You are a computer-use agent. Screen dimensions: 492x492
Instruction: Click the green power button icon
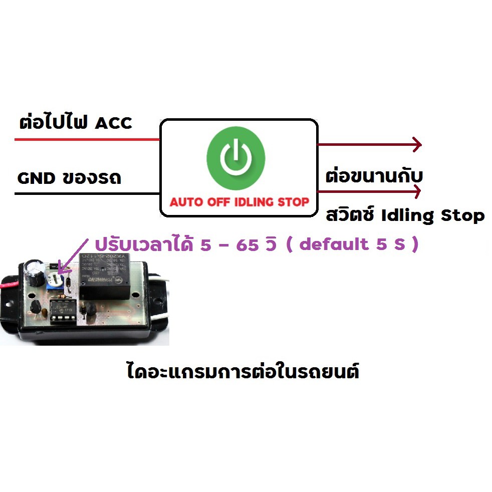pos(236,158)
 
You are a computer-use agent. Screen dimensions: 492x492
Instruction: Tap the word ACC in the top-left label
pos(114,123)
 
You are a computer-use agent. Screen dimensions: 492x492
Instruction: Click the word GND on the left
pos(36,178)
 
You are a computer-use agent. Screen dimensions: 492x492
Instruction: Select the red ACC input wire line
pos(87,139)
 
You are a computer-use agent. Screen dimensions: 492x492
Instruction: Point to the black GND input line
pos(87,193)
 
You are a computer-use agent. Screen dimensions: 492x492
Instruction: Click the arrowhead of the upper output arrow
pos(418,145)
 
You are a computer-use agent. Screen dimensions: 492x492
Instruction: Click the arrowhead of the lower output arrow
pos(417,191)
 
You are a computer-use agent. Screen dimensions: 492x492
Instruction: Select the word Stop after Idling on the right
pos(463,216)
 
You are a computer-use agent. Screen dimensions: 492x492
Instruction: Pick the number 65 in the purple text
pos(248,244)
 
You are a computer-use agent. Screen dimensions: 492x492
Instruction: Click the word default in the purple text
pos(334,244)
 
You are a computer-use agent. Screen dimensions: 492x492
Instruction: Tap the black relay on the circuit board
pos(104,276)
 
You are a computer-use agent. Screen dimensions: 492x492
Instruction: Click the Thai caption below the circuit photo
pos(243,372)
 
